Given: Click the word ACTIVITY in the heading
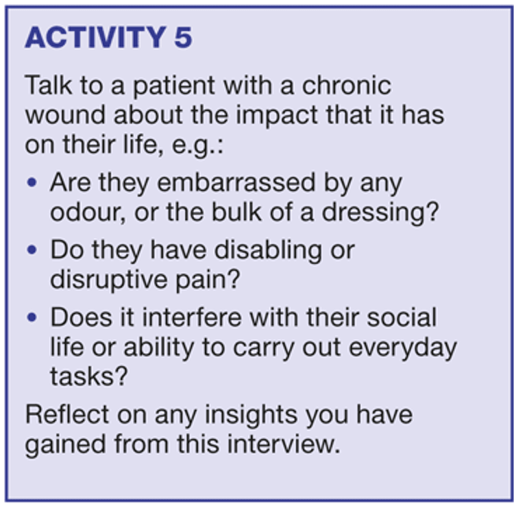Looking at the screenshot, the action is point(95,38).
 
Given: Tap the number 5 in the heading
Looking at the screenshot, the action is point(183,38).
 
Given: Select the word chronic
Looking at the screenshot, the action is point(347,86).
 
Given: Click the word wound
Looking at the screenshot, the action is point(66,115).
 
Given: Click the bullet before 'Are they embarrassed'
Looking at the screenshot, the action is point(32,182).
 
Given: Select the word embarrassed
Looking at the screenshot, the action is point(236,182).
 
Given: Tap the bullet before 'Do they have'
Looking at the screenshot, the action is point(32,250).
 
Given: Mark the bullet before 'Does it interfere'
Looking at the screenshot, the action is point(32,317).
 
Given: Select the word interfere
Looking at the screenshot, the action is point(192,317).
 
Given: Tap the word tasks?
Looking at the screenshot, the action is point(88,376).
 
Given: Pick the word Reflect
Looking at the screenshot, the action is point(67,414).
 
